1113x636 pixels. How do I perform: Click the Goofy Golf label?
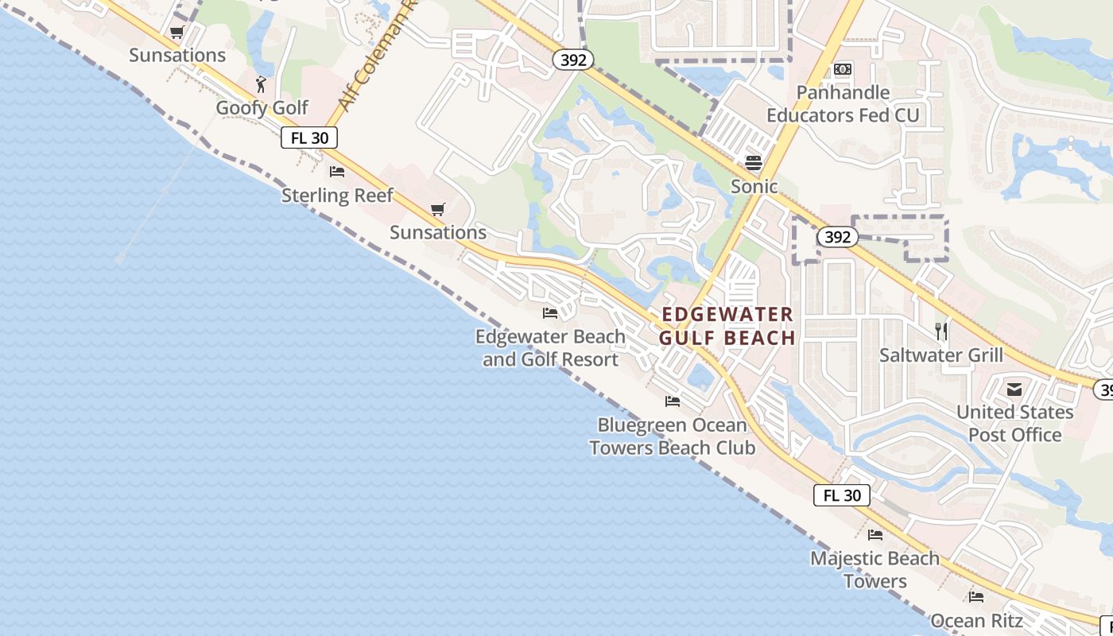point(262,108)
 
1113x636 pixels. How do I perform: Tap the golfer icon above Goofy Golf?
point(261,83)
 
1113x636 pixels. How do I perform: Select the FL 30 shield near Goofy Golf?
point(309,138)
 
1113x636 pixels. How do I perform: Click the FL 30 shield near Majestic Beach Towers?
point(842,495)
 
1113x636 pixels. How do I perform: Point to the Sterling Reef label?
point(337,196)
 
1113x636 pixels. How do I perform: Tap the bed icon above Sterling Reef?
point(337,172)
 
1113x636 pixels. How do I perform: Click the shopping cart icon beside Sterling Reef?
point(437,209)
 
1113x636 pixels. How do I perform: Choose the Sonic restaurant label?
point(754,187)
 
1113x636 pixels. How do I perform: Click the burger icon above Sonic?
point(754,163)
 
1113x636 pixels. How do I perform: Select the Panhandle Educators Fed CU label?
point(843,104)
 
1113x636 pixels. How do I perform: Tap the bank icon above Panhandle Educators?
point(843,70)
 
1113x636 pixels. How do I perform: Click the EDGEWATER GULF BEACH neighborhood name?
point(727,326)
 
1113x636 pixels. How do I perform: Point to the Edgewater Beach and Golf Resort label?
point(550,348)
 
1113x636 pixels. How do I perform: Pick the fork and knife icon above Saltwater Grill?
point(941,331)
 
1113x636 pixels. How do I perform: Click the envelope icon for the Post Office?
point(1014,389)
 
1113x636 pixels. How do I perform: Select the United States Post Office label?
point(1014,424)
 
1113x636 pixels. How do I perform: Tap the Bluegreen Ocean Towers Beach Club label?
point(673,436)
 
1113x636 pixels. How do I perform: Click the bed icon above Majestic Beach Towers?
point(875,535)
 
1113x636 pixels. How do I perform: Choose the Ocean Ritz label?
point(976,620)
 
